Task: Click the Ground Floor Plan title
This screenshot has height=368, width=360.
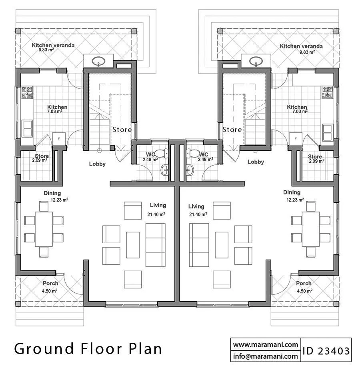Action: coord(88,348)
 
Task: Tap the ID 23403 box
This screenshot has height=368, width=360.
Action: coord(326,350)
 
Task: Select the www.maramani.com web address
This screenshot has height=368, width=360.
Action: coord(266,344)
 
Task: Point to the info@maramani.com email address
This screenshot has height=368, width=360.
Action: coord(266,356)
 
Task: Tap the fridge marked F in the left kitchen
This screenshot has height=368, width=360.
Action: coord(59,139)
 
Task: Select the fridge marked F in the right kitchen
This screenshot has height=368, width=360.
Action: coord(296,139)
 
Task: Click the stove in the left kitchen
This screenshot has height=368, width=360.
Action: coord(27,92)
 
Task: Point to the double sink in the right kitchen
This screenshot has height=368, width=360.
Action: coord(328,133)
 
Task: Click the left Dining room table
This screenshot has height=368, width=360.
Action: coord(44,229)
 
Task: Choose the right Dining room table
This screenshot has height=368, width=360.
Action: coord(310,229)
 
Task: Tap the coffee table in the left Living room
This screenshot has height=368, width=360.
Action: coord(133,245)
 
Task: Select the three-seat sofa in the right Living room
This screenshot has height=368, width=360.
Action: coord(199,245)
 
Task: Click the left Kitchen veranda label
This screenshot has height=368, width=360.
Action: coord(53,45)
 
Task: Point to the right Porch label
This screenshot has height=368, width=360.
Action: coord(304,283)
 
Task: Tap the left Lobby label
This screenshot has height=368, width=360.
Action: coord(97,164)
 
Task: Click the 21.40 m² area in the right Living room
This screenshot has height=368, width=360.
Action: coord(198,214)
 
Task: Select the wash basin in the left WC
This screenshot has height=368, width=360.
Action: coord(164,170)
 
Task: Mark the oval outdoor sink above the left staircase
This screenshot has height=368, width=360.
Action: coord(98,61)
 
